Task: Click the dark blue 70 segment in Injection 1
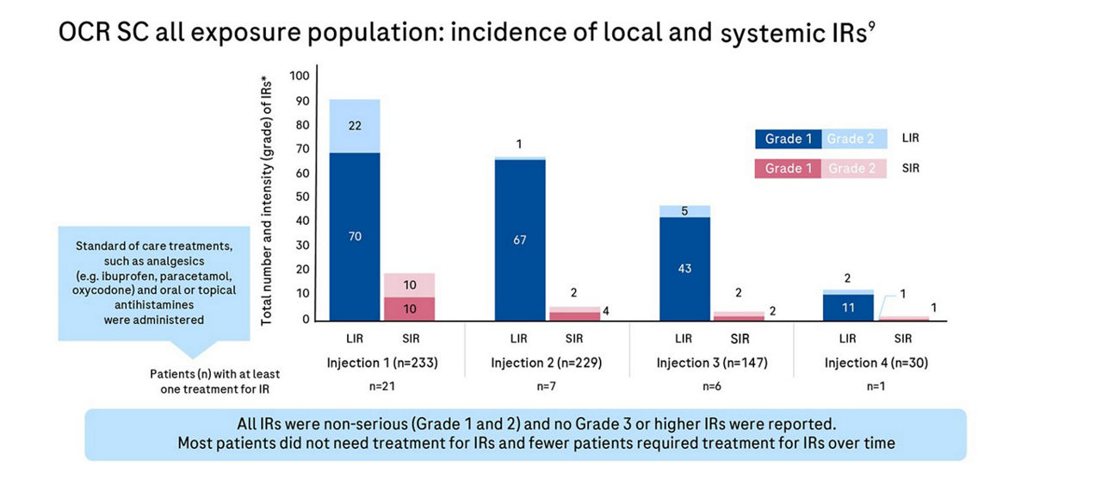[355, 237]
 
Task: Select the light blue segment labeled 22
[355, 126]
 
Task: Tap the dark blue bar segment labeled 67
[520, 240]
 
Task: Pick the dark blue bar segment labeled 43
[684, 269]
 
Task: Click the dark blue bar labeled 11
[848, 308]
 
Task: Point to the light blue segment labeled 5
[684, 212]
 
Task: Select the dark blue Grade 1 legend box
[788, 139]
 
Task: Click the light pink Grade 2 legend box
[853, 168]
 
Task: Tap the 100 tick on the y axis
[300, 76]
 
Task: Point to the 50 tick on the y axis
[302, 197]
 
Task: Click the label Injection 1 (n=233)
[382, 363]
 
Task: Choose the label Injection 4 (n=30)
[876, 363]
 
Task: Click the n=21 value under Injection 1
[382, 386]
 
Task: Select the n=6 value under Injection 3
[712, 386]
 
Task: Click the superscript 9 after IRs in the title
[871, 26]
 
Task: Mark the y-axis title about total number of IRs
[266, 201]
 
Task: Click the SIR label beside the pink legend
[911, 168]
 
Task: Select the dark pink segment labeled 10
[409, 309]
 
